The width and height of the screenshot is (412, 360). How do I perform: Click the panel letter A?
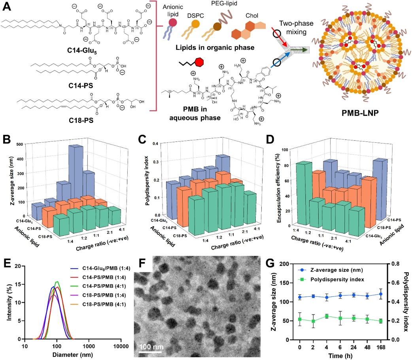(x=5, y=5)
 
